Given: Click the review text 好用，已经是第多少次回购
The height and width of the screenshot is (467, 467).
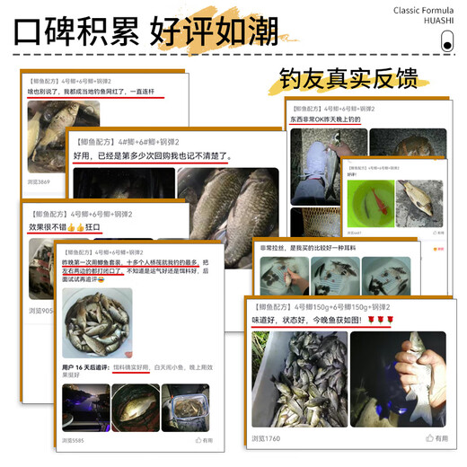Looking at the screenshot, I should (153, 155).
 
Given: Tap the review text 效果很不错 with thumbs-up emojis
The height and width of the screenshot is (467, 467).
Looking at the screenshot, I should (66, 228).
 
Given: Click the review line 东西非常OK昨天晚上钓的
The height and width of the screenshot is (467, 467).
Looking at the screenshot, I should (326, 119).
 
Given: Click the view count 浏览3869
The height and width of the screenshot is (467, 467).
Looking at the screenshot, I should (39, 181).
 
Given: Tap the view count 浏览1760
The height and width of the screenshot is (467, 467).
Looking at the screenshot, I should (266, 438).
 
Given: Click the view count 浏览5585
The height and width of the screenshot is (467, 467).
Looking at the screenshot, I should (74, 440).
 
